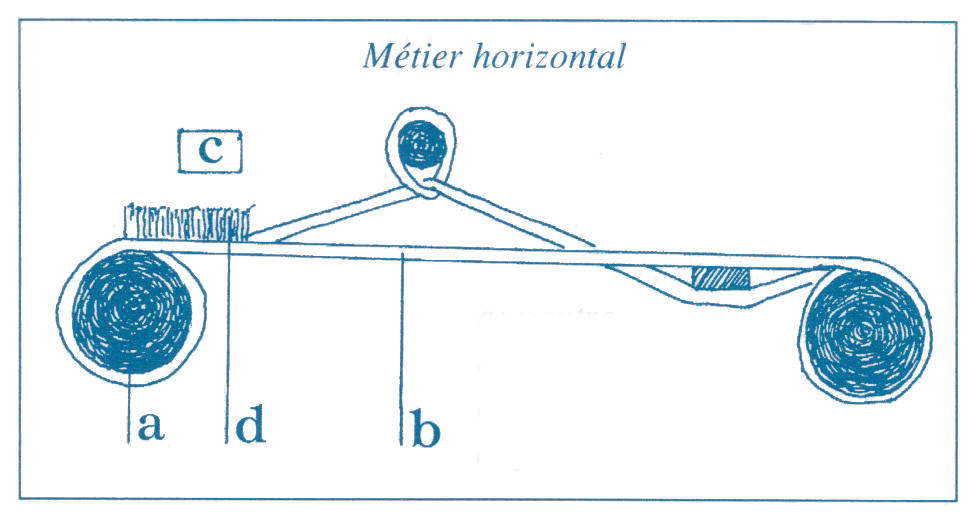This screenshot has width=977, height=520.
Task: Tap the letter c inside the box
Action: pos(210,150)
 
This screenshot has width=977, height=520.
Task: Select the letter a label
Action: pos(148,427)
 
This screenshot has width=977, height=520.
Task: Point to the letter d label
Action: pos(250,427)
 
